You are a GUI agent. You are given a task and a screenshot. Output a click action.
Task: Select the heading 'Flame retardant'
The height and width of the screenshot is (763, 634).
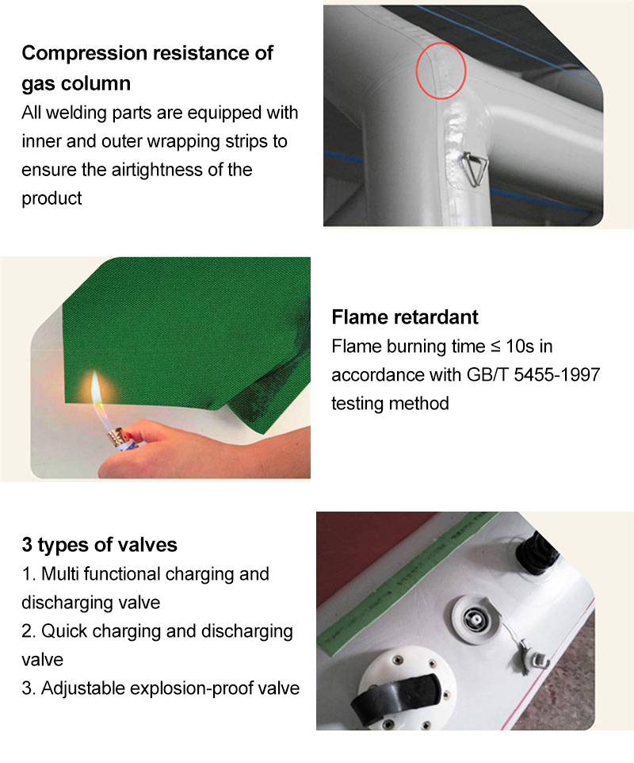[x=404, y=316]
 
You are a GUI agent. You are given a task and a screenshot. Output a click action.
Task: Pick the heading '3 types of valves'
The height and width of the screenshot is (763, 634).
[x=99, y=545]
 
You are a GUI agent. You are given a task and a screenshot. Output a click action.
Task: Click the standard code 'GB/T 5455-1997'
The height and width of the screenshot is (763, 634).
[x=533, y=374]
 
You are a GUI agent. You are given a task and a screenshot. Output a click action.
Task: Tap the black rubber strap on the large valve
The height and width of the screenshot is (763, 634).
[x=396, y=696]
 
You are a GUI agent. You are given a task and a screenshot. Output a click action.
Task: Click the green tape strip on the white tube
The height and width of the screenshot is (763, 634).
[x=408, y=584]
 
